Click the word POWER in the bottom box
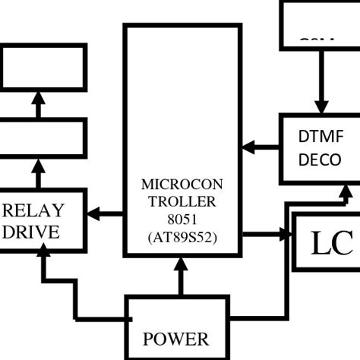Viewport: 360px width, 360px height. (175, 339)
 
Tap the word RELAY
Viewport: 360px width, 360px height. (34, 210)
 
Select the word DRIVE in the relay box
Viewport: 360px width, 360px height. (30, 232)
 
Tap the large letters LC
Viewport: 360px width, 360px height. (332, 242)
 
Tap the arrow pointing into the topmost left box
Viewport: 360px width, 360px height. (37, 103)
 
